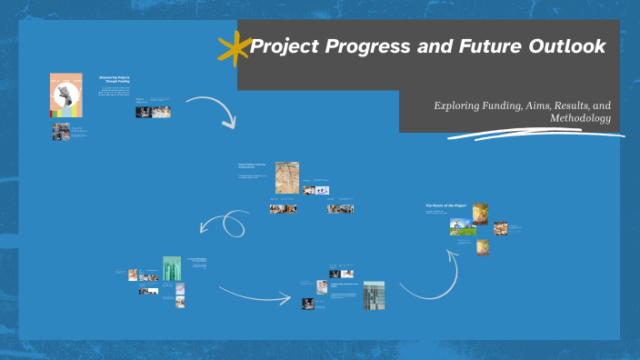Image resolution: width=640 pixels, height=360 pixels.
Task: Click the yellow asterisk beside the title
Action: (x=234, y=49)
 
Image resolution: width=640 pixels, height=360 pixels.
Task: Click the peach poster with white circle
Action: (x=66, y=95)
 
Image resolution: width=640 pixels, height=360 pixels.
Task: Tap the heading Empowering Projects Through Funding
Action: (x=115, y=80)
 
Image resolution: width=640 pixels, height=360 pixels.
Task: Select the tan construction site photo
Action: (x=287, y=178)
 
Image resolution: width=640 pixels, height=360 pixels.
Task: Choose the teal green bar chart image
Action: (x=173, y=269)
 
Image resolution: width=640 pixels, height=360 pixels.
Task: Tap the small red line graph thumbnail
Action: (x=180, y=288)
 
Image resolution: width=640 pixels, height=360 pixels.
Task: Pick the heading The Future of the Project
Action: (x=445, y=206)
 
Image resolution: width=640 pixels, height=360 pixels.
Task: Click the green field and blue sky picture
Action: (x=463, y=226)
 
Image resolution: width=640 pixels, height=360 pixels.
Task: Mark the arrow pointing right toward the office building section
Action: (x=255, y=294)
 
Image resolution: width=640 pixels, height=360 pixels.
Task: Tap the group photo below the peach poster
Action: (x=60, y=132)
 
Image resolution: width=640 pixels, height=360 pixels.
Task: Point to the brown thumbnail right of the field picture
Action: (x=500, y=228)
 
